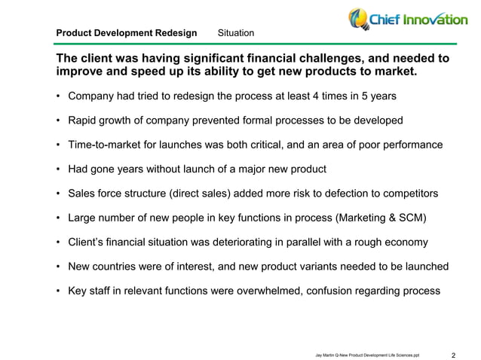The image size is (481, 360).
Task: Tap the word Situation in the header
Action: (x=235, y=33)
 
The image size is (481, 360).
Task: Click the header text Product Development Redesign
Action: (x=127, y=33)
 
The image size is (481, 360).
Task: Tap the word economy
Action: (x=406, y=243)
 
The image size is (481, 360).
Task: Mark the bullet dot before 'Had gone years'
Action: (x=58, y=169)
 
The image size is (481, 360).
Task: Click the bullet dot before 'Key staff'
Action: (x=58, y=291)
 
